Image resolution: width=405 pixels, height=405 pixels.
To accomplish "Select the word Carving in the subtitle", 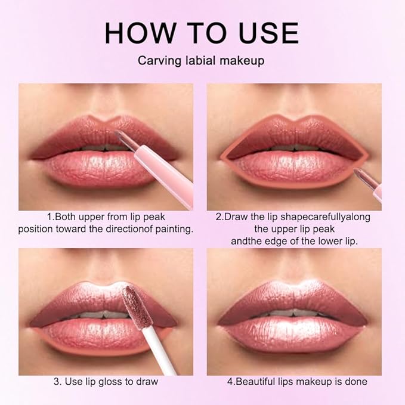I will coord(157,61).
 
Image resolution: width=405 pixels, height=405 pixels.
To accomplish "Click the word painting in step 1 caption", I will coord(172,228).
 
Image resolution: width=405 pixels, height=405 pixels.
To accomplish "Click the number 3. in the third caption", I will coord(57,381).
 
